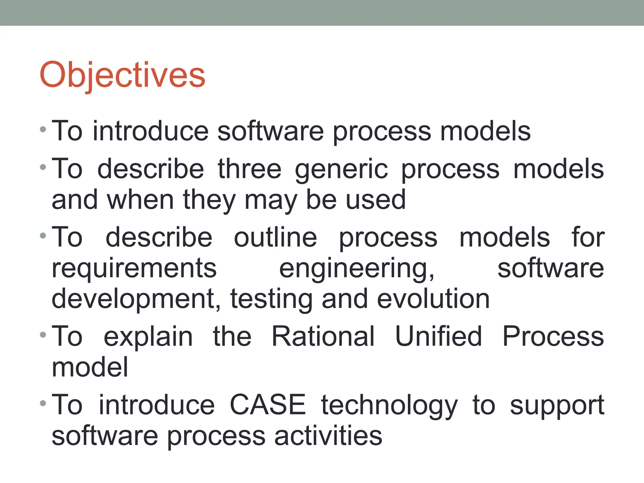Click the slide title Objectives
[122, 75]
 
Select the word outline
[275, 237]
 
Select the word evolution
[433, 299]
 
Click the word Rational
[323, 336]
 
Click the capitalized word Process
[553, 336]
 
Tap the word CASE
[268, 405]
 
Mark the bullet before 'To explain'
[43, 335]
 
